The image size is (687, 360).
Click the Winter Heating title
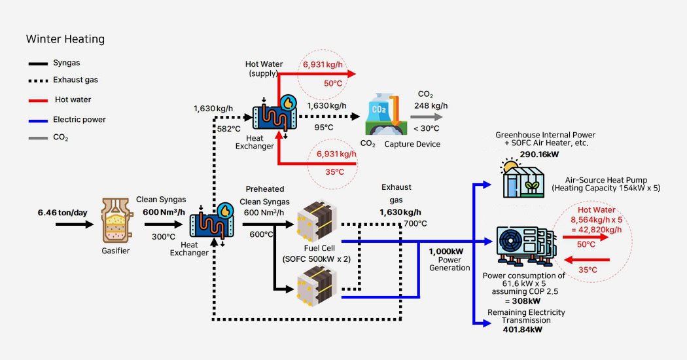(x=65, y=39)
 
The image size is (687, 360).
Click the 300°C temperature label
(x=163, y=236)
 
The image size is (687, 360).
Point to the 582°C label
(x=229, y=129)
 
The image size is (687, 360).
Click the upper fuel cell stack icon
(x=317, y=225)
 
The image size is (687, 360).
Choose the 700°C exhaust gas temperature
(x=415, y=224)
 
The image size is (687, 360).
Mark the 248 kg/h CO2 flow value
(x=431, y=106)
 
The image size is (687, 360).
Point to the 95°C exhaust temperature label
(x=319, y=127)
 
